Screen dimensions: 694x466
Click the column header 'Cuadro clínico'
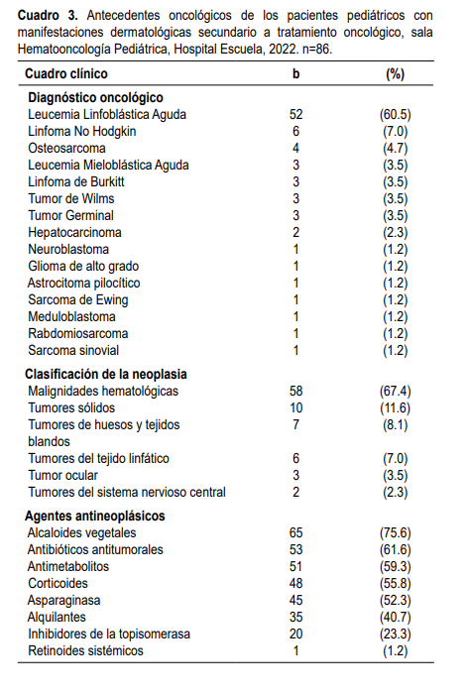pyautogui.click(x=66, y=73)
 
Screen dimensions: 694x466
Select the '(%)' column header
pyautogui.click(x=395, y=73)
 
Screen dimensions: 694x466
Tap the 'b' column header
pyautogui.click(x=295, y=73)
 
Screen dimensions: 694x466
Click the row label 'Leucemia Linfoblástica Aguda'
pyautogui.click(x=108, y=114)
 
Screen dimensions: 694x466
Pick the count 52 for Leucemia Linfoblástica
pyautogui.click(x=295, y=114)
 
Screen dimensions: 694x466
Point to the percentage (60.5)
pyautogui.click(x=395, y=114)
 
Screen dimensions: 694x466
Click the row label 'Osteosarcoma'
pyautogui.click(x=67, y=148)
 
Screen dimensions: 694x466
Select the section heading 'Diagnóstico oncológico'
pyautogui.click(x=96, y=97)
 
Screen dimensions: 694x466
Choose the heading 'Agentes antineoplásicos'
pyautogui.click(x=96, y=516)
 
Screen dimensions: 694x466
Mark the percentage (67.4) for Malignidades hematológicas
pyautogui.click(x=395, y=391)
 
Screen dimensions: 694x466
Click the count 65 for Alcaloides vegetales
pyautogui.click(x=295, y=532)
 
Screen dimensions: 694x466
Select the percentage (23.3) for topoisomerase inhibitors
pyautogui.click(x=395, y=634)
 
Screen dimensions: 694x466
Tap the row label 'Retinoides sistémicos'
pyautogui.click(x=86, y=650)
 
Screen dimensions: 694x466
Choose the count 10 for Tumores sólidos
pyautogui.click(x=295, y=407)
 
